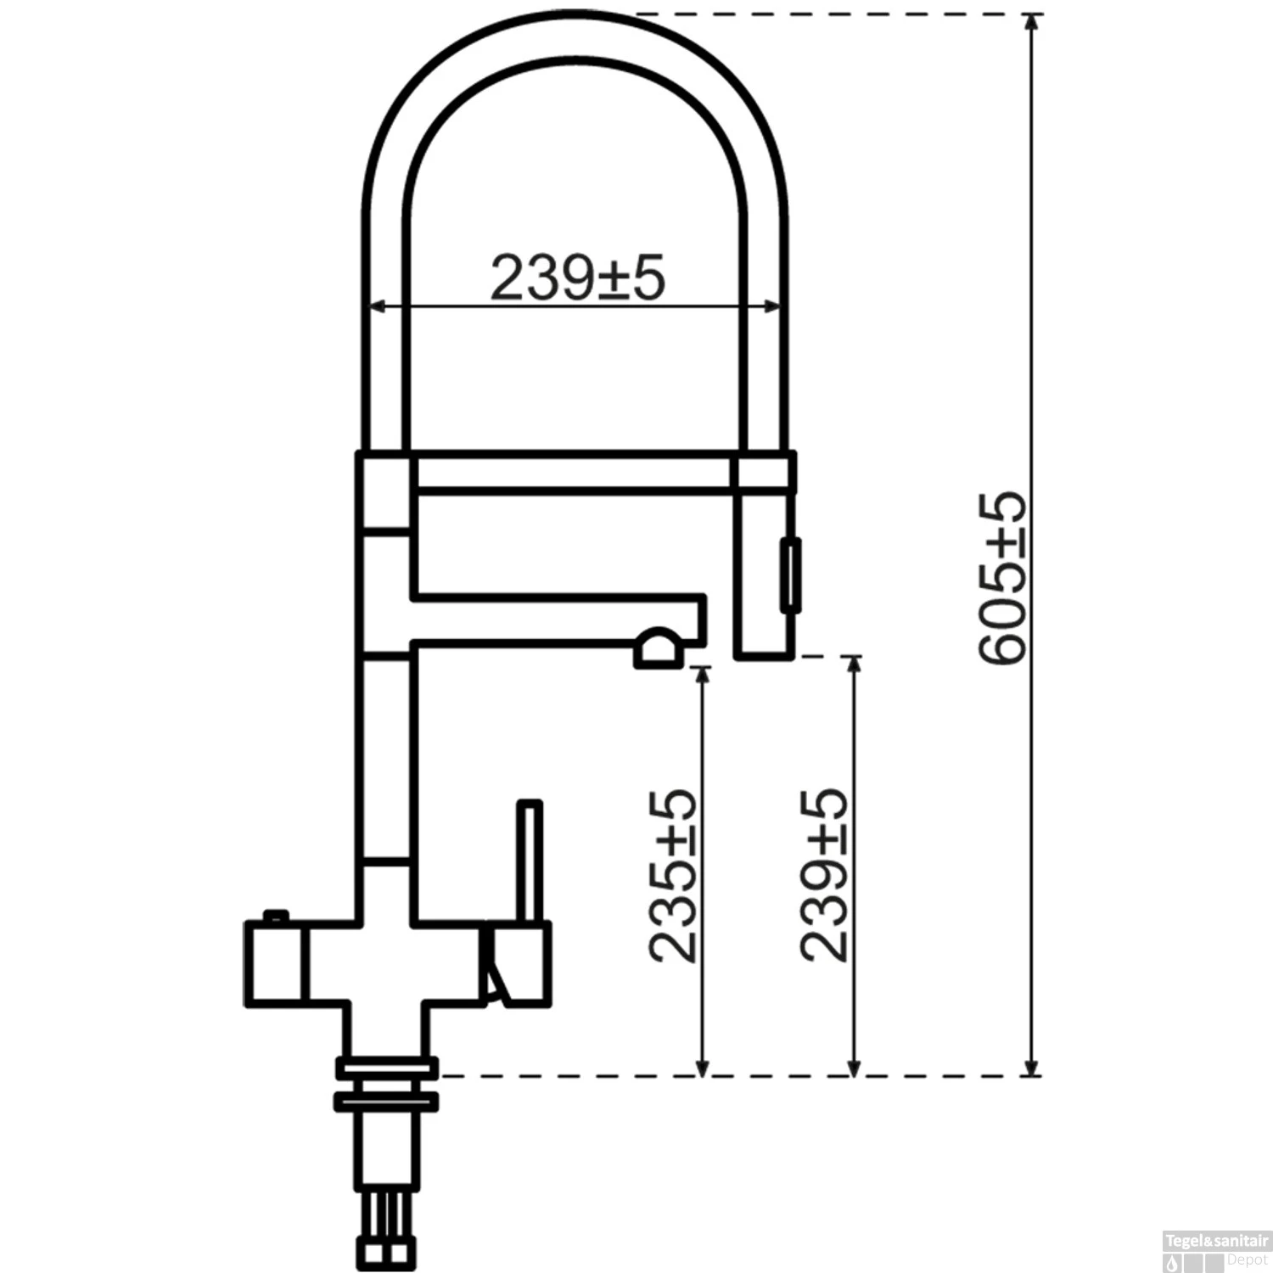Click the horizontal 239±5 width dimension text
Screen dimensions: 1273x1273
coord(577,278)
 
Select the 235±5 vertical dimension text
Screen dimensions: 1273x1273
coord(672,876)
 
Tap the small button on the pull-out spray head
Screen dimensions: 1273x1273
coord(790,574)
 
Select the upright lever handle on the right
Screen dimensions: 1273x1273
coord(530,861)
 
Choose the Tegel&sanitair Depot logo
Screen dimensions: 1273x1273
coord(1215,1253)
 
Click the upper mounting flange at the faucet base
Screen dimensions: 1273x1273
coord(387,1066)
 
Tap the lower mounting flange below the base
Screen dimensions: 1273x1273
coord(387,1101)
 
